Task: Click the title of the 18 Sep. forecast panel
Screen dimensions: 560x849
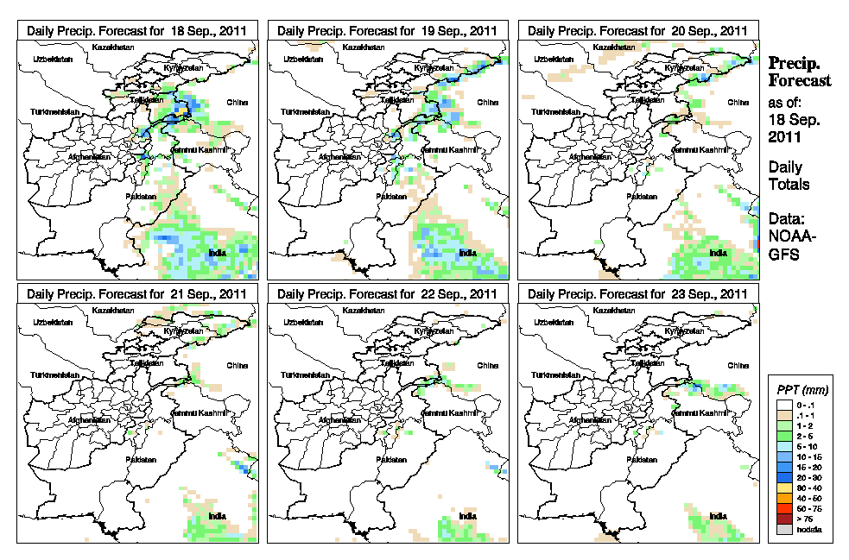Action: coord(137,30)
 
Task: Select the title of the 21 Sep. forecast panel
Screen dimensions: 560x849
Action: coord(137,293)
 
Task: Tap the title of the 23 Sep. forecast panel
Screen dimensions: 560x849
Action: coord(638,293)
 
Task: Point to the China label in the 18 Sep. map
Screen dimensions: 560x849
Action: coord(236,102)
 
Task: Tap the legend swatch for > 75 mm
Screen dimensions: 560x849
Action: coord(782,519)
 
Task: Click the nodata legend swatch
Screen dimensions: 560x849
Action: coord(782,529)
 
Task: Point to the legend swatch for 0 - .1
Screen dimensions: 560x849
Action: coord(782,404)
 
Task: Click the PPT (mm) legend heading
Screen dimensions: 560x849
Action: coord(800,389)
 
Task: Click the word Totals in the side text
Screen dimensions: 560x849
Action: coord(789,184)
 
